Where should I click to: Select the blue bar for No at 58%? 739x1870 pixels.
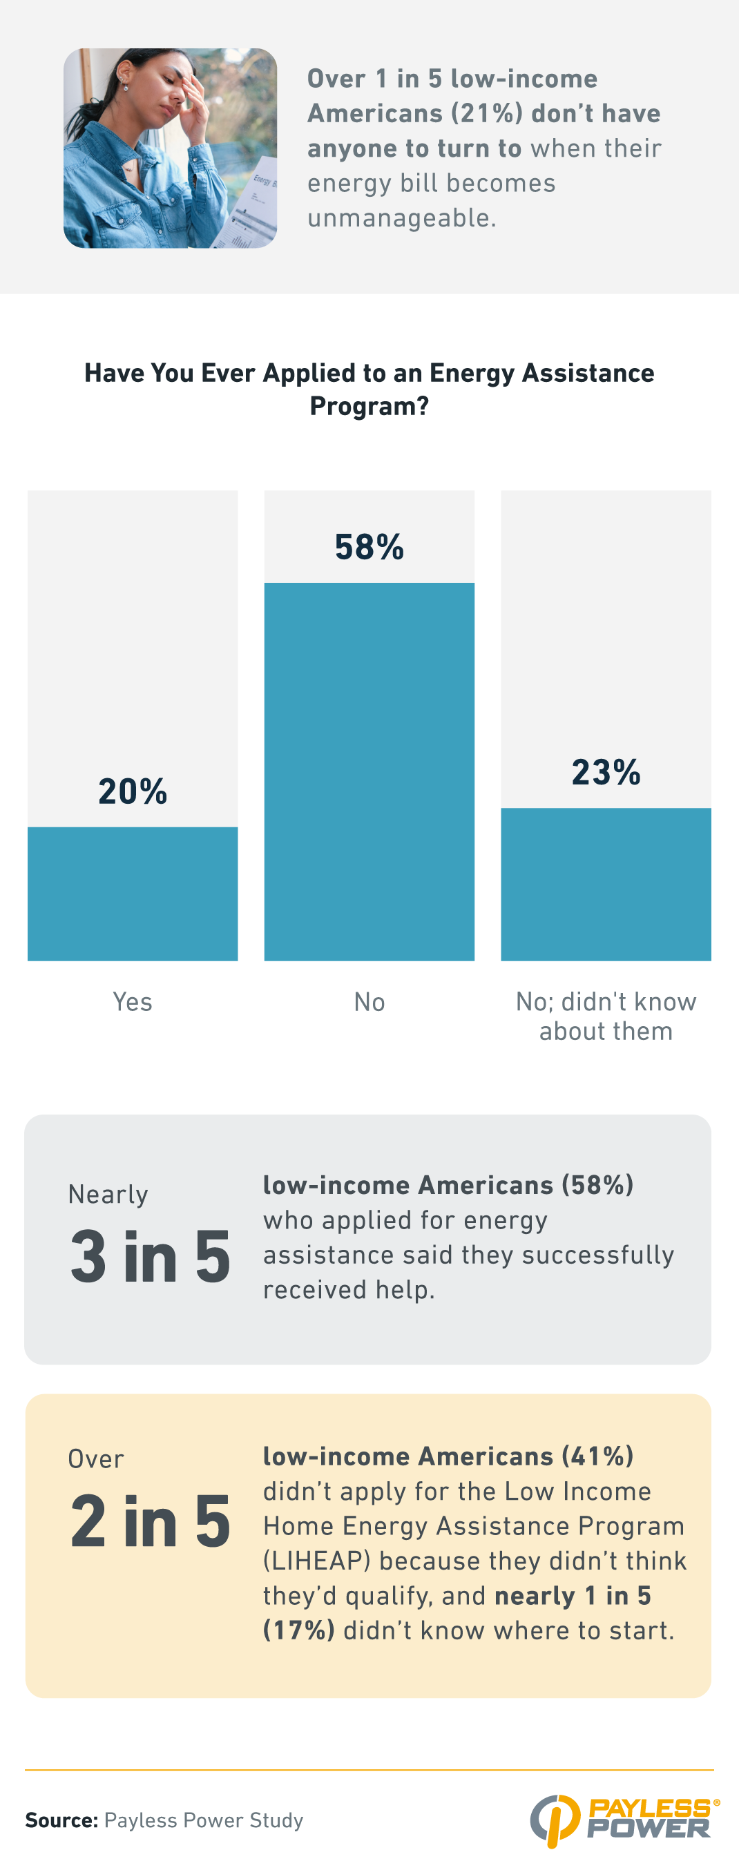369,771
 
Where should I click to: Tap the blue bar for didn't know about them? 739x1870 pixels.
606,883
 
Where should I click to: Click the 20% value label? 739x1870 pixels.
133,791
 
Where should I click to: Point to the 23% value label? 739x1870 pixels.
606,771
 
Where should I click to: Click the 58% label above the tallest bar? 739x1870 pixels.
369,548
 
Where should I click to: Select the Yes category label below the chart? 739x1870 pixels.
132,1002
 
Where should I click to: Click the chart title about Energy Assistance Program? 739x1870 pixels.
369,389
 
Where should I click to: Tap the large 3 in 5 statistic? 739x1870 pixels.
151,1257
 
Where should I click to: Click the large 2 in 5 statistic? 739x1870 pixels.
151,1521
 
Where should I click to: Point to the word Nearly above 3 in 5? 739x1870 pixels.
108,1194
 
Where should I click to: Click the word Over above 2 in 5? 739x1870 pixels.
96,1459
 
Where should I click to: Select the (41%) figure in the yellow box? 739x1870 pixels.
597,1456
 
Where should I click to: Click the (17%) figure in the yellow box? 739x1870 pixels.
298,1630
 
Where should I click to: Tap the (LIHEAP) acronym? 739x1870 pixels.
316,1561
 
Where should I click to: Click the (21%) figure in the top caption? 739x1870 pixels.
487,114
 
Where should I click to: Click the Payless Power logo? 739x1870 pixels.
625,1820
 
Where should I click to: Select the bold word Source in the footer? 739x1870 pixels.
61,1820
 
